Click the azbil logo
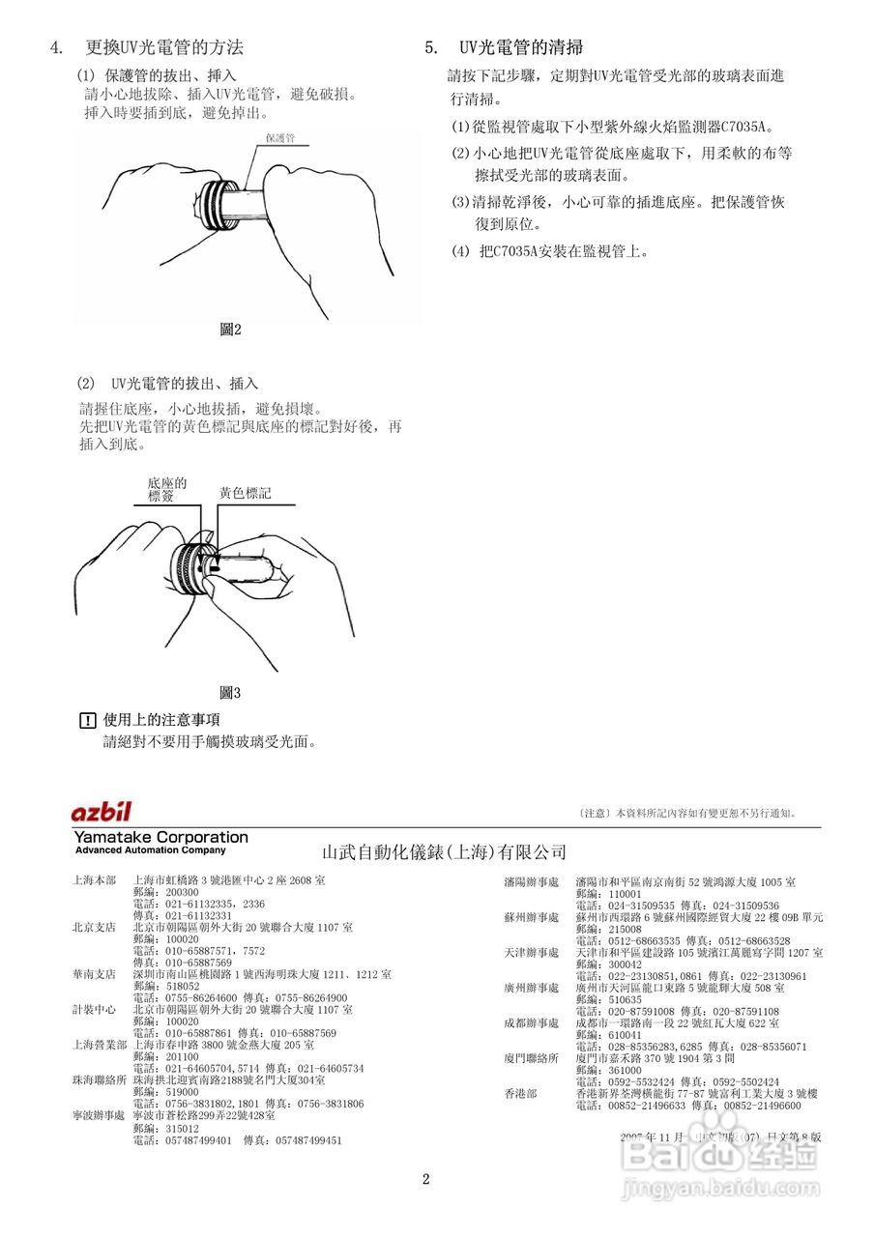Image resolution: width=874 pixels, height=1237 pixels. pos(101,812)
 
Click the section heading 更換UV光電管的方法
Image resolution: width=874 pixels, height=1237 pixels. pos(164,47)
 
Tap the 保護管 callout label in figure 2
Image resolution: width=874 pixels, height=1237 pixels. pos(279,138)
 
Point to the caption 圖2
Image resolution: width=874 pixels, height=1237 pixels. pos(230,331)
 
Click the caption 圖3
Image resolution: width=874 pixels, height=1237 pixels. pos(230,693)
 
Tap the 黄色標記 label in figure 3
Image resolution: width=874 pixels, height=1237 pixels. pos(245,493)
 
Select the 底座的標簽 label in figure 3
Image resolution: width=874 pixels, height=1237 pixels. pos(166,489)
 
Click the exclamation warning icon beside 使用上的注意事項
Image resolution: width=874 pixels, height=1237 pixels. pos(88,720)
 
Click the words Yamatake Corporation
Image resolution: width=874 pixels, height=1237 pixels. pos(160,837)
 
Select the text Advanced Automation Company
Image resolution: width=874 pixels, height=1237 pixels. pos(150,850)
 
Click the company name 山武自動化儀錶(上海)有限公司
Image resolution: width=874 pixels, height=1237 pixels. pos(444,852)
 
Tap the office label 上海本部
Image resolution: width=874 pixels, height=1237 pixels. pos(94,881)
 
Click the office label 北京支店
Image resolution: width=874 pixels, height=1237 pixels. pos(94,927)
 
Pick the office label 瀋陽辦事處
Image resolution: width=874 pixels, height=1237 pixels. pos(531,882)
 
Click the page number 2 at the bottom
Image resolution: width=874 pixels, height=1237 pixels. pos(425,1179)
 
